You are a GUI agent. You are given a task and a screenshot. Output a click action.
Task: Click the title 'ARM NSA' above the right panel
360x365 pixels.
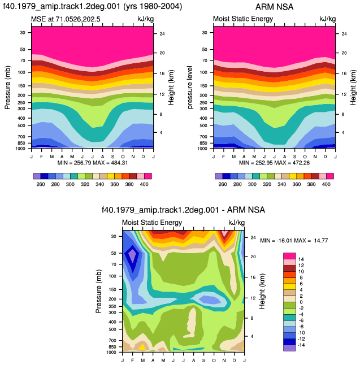274,7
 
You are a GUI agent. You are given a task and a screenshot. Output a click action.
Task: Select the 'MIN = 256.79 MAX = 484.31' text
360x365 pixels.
93,163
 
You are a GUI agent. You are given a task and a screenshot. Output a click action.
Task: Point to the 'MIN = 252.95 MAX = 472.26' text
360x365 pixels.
274,163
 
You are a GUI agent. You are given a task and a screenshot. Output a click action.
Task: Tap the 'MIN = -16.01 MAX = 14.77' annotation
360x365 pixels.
294,241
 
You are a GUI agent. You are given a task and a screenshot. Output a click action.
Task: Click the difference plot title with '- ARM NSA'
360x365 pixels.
183,210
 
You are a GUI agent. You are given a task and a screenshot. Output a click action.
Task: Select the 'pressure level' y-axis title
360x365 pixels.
190,87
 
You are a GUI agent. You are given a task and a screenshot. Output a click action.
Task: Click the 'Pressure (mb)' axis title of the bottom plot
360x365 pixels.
99,291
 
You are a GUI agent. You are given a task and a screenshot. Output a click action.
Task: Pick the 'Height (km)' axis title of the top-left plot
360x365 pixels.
171,88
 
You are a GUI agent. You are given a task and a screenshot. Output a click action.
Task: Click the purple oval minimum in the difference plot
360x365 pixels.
132,255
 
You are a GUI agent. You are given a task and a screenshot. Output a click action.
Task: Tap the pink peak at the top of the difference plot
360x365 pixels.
224,233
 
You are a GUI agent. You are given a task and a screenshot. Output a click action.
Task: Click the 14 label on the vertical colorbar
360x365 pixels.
301,259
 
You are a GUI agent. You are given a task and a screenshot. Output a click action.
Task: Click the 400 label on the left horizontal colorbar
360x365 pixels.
144,184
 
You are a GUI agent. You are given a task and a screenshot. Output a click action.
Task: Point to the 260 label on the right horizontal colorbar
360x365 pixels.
222,184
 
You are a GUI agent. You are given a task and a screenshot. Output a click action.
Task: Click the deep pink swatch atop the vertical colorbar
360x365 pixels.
289,256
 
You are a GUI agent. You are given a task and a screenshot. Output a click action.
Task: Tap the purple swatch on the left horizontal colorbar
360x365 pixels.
37,176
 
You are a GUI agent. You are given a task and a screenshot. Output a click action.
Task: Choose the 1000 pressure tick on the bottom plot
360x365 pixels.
111,352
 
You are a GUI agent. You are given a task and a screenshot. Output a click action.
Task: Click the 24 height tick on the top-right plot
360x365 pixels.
344,34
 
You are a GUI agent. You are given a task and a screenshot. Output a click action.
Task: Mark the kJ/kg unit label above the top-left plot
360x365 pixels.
146,19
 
